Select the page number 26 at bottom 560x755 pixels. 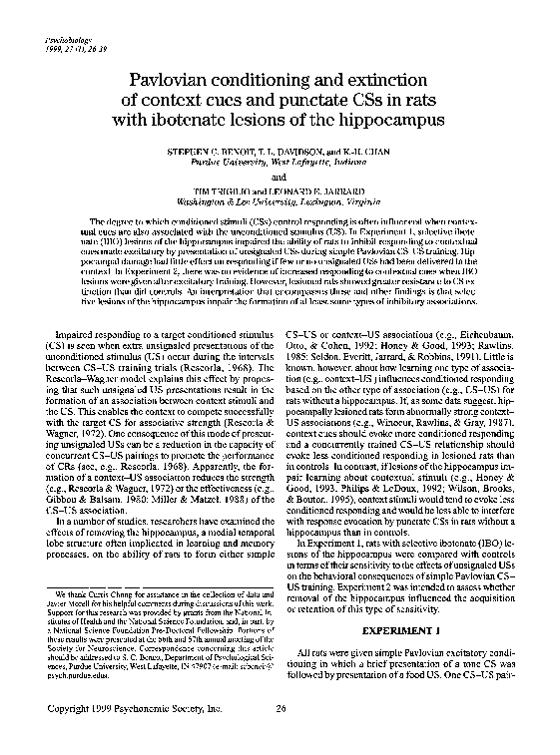click(x=280, y=709)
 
